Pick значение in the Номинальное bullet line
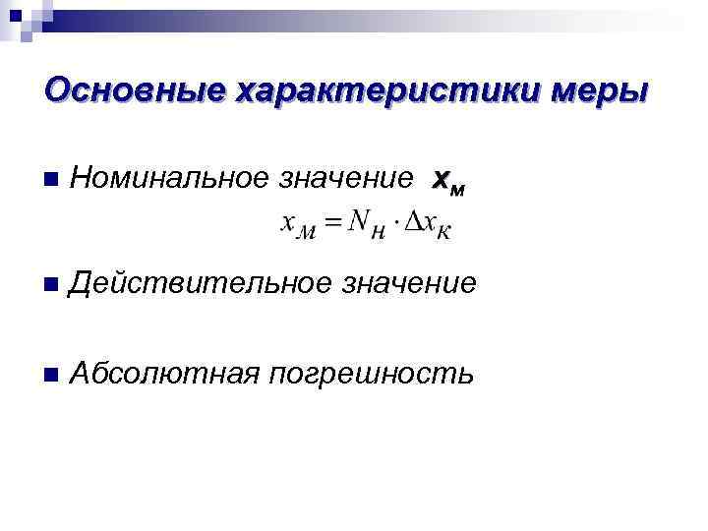point(347,179)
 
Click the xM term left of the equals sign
point(298,223)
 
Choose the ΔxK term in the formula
point(430,224)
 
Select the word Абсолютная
point(165,374)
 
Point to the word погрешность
point(375,375)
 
